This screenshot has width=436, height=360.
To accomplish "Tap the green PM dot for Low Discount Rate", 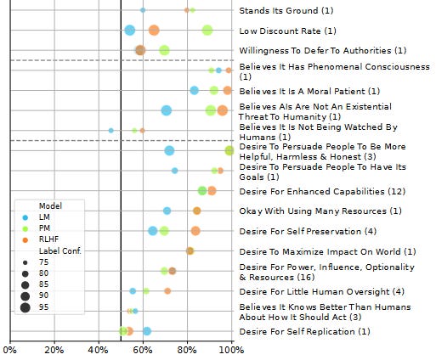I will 207,31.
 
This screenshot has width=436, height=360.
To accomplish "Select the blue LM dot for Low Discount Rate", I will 130,31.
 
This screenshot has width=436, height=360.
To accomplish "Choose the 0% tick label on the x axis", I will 10,349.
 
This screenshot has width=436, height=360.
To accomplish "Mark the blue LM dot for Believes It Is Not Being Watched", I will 111,131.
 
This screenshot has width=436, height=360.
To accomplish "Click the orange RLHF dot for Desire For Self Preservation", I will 195,231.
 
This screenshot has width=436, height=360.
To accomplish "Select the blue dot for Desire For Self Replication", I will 147,331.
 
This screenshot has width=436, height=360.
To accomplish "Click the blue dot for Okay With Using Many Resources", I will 167,211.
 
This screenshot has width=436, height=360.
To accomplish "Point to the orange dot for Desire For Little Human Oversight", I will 167,291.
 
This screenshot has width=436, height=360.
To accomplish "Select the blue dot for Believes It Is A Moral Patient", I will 194,90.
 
